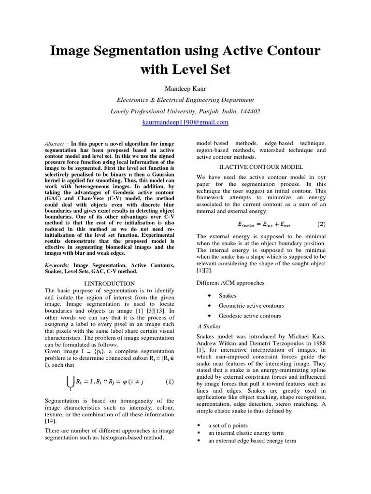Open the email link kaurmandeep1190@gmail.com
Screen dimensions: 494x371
click(185, 123)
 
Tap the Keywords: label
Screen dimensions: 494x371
click(57, 265)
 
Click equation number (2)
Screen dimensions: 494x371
click(321, 224)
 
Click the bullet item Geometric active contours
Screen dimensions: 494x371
click(251, 305)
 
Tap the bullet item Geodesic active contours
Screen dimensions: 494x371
click(250, 316)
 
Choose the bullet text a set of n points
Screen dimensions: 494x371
click(228, 425)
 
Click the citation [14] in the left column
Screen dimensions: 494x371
click(50, 421)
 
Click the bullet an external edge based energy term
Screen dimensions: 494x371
click(252, 441)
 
